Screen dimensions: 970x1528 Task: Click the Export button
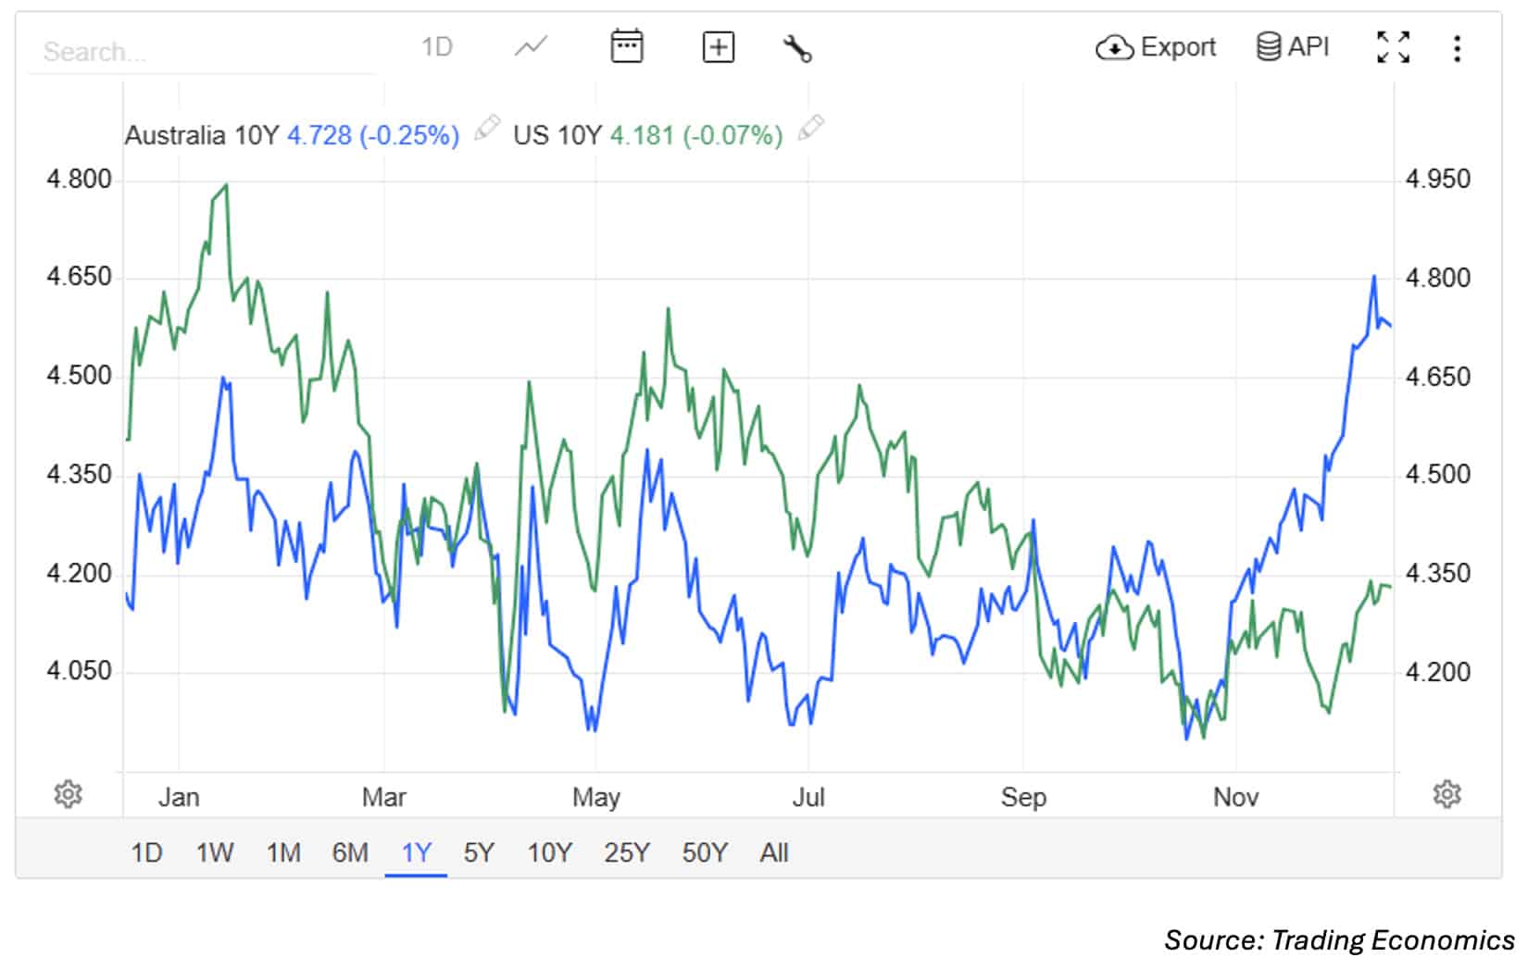(1156, 47)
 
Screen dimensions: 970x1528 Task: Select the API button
(1293, 46)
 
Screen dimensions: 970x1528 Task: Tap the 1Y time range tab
(416, 852)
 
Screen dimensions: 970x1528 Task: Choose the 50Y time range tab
(705, 852)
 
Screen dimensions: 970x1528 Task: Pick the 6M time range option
(350, 852)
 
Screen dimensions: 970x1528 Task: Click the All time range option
(773, 852)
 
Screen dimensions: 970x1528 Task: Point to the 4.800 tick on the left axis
(79, 179)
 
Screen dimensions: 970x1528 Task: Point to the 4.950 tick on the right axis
(1437, 179)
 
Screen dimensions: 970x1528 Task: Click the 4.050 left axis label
(79, 670)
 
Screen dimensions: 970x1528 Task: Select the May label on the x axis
(595, 797)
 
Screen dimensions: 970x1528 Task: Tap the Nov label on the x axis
(1235, 797)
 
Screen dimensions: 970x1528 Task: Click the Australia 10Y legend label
(201, 136)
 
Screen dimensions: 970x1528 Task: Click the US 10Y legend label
(557, 136)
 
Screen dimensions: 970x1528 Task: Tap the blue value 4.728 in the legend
(319, 136)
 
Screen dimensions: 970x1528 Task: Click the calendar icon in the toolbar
(627, 46)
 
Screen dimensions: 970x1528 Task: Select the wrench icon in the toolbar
(796, 47)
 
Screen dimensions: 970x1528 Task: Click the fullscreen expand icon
(1393, 47)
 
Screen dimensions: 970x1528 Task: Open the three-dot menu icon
(1457, 48)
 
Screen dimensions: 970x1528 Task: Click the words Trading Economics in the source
(1393, 940)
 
